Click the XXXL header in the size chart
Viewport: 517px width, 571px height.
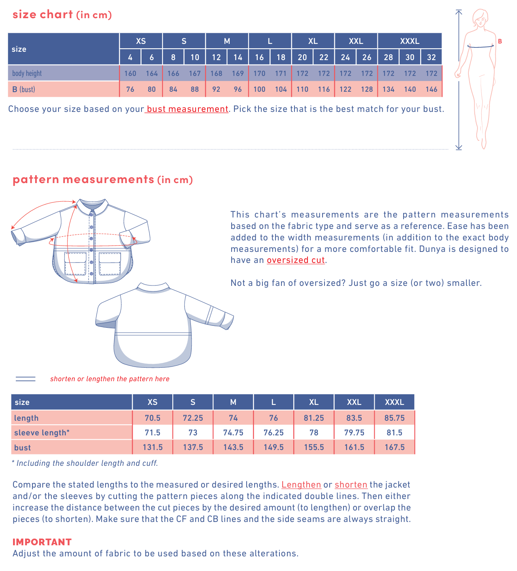[409, 41]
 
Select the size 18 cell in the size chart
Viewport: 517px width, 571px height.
[281, 57]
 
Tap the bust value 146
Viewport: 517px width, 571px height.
[431, 89]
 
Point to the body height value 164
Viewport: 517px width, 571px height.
[152, 74]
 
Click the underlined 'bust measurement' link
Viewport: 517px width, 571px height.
[187, 109]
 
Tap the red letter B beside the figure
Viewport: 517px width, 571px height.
[500, 42]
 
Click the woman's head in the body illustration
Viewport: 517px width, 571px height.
[480, 18]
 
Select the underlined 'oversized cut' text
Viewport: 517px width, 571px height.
[296, 260]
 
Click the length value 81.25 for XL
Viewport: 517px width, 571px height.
[314, 418]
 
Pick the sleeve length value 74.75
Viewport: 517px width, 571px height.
[233, 433]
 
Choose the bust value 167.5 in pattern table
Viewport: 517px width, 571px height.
[394, 447]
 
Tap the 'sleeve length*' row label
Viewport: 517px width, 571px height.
[42, 433]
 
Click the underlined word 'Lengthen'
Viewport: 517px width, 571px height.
[301, 485]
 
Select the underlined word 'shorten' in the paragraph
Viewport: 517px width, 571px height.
[351, 485]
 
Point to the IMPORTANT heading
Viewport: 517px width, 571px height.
[42, 542]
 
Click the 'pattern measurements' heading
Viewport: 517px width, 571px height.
[83, 180]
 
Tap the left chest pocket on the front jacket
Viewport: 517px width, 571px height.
[75, 263]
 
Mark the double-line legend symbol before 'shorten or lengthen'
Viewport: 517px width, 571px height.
[26, 379]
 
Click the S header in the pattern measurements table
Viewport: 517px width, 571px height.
[193, 402]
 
